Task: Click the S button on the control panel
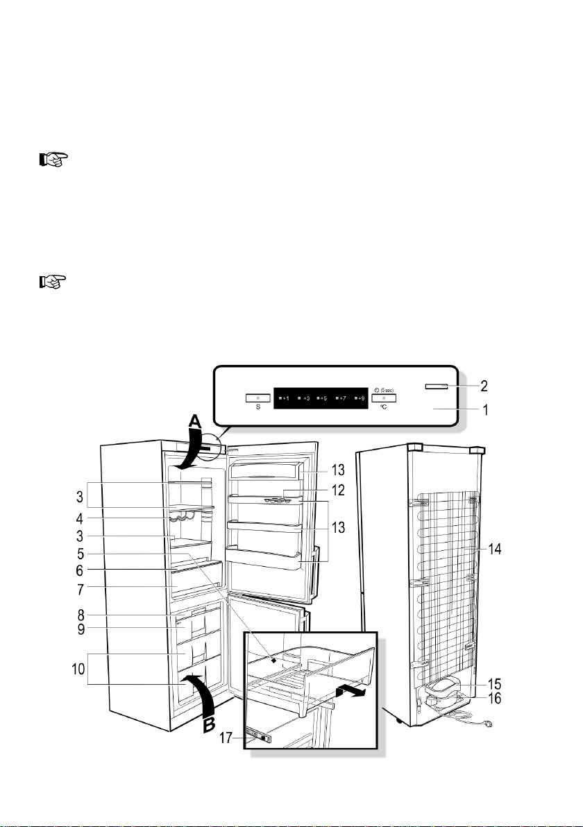point(257,398)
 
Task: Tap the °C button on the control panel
point(384,398)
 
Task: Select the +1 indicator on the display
point(285,398)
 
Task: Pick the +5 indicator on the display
point(322,398)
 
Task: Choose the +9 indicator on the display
point(360,398)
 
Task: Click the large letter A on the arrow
point(195,421)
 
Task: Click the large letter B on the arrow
point(209,725)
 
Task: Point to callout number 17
point(226,738)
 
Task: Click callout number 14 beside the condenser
point(494,549)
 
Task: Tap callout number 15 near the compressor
point(494,685)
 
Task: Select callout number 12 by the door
point(338,491)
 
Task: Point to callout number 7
point(80,589)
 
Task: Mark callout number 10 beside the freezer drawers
point(78,670)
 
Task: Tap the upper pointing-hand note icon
point(53,160)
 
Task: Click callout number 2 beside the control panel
point(484,386)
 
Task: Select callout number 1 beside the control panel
point(485,409)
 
